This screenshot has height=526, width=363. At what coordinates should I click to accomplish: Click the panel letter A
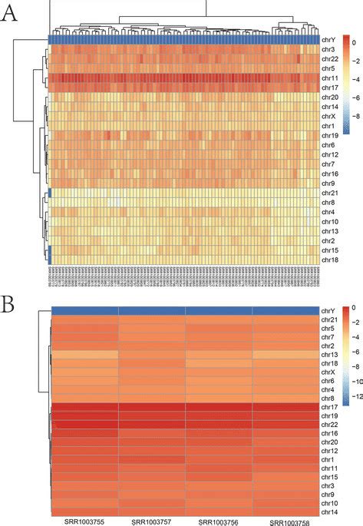click(10, 16)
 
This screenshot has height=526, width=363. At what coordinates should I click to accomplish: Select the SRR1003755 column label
click(84, 519)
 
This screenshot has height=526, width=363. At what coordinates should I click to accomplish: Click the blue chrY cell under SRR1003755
click(84, 310)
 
